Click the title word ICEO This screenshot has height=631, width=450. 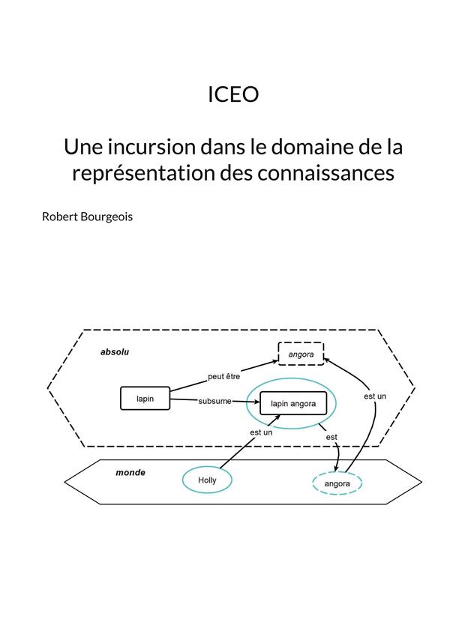pyautogui.click(x=233, y=94)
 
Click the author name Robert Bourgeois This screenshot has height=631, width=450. pyautogui.click(x=88, y=217)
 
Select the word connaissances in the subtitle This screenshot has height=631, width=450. pyautogui.click(x=325, y=173)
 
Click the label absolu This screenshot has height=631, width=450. pyautogui.click(x=115, y=352)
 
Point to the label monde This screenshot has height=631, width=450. pyautogui.click(x=130, y=472)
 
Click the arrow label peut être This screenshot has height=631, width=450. pyautogui.click(x=224, y=377)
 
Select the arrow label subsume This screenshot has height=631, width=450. pyautogui.click(x=214, y=401)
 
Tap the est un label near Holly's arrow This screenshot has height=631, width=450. pyautogui.click(x=261, y=432)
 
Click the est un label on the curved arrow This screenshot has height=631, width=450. pyautogui.click(x=375, y=396)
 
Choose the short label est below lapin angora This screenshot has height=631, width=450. pyautogui.click(x=331, y=437)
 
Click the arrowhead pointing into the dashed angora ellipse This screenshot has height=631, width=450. pyautogui.click(x=337, y=468)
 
